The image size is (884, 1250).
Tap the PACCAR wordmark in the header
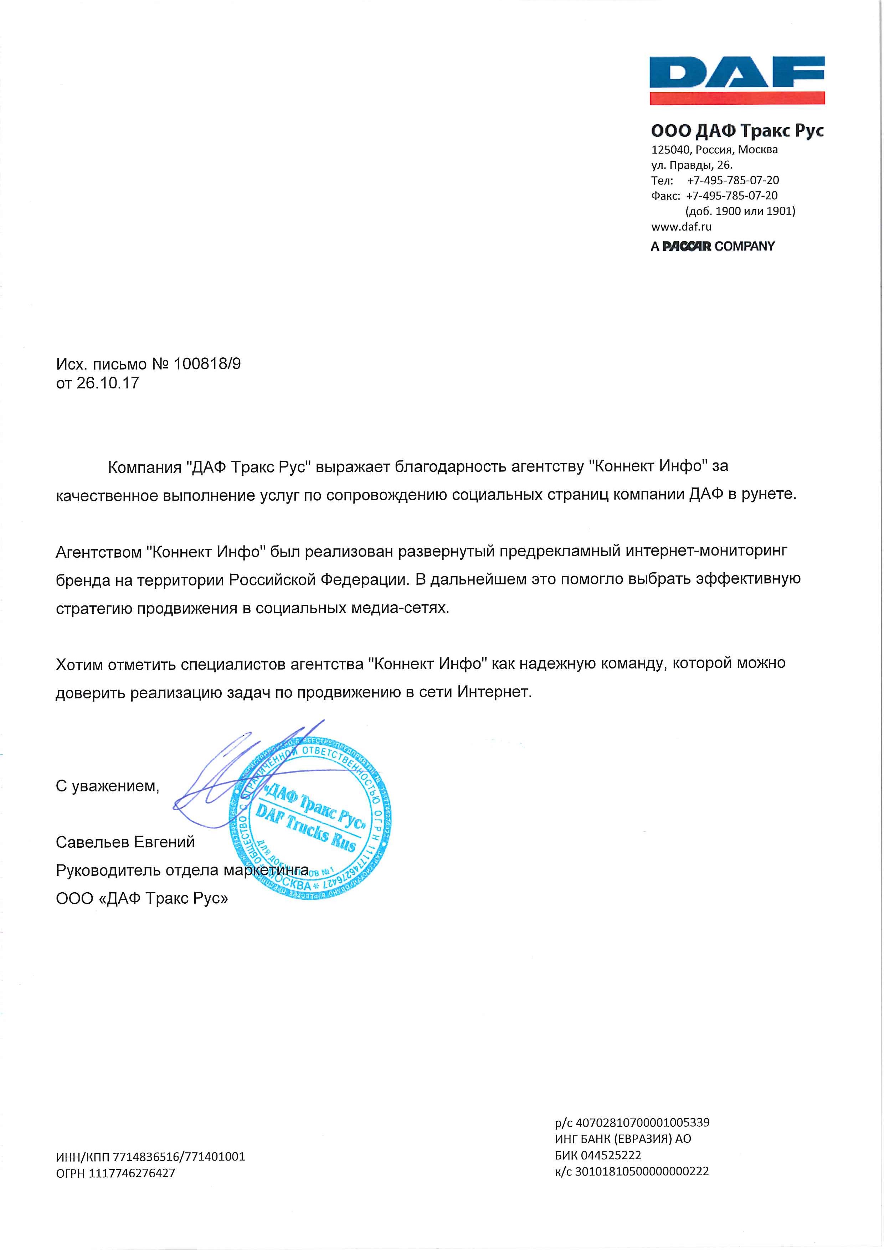pyautogui.click(x=687, y=246)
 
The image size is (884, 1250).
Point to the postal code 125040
pyautogui.click(x=669, y=149)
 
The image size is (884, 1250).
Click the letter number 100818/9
pyautogui.click(x=207, y=364)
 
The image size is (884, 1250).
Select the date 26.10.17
pyautogui.click(x=108, y=383)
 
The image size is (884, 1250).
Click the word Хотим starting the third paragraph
pyautogui.click(x=80, y=663)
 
